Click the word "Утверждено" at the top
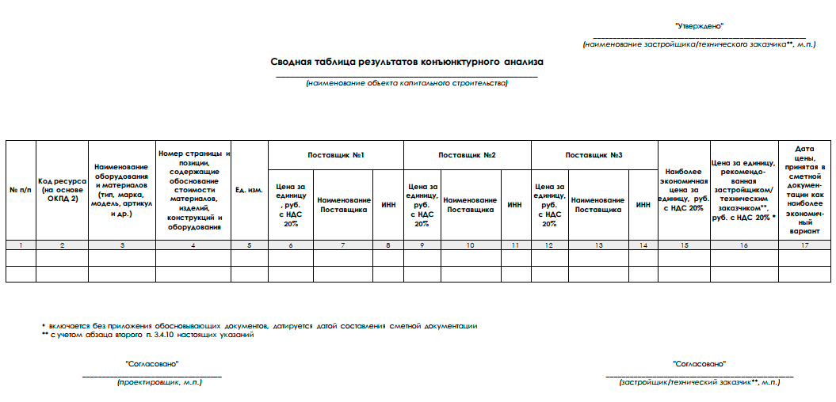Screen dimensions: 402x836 [699, 26]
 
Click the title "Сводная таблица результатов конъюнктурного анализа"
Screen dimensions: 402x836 [407, 61]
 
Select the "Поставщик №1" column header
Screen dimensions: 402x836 [336, 154]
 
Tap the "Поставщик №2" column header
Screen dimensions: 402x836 [467, 154]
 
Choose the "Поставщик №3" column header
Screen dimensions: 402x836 [594, 154]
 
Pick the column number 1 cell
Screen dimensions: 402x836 [21, 245]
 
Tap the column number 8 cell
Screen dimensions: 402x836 [388, 245]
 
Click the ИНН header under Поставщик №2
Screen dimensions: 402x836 [515, 205]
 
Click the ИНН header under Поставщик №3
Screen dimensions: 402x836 [643, 205]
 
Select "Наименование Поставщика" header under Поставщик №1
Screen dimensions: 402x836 [343, 205]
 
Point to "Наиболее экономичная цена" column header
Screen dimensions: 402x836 [686, 189]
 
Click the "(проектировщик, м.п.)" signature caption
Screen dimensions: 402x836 [159, 382]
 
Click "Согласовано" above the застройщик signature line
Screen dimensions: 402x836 [699, 363]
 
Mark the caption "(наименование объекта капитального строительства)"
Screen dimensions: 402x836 [407, 83]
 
